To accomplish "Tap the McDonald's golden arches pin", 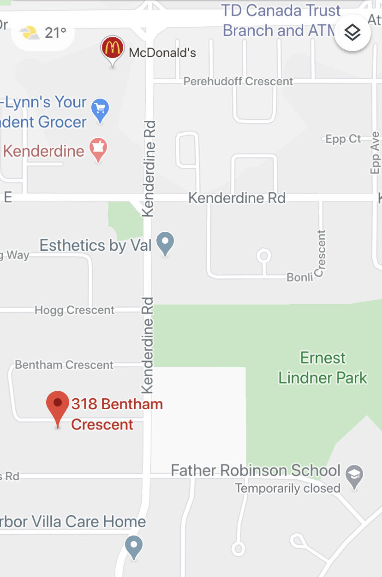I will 112,48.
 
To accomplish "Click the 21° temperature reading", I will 55,33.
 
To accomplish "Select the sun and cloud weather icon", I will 30,33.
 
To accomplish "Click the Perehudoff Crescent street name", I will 238,82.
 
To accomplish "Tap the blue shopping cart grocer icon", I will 100,109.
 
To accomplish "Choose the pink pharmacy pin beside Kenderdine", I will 98,148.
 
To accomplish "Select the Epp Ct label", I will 343,139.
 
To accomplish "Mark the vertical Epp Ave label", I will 375,153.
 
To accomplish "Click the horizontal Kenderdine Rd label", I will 237,198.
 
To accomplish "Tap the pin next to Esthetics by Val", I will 165,242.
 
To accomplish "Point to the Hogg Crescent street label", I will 74,310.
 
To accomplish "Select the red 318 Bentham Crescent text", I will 116,414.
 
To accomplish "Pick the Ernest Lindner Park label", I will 322,368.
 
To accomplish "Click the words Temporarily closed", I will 287,488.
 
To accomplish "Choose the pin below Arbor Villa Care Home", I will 134,546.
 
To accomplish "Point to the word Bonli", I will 300,277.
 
